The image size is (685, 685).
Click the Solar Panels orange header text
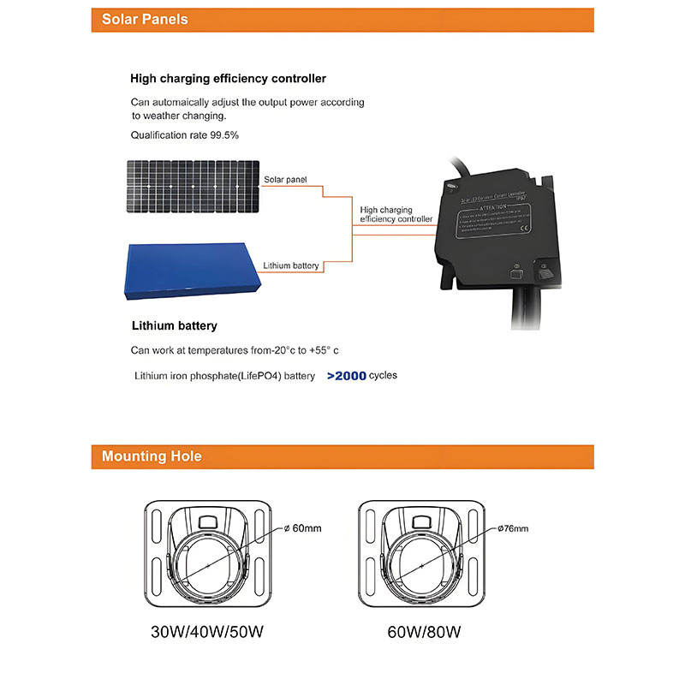pos(145,19)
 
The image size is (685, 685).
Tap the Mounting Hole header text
pos(152,456)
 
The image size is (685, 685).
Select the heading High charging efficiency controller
pos(228,79)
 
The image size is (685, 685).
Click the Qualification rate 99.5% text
pos(184,135)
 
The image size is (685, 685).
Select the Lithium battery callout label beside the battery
pos(291,265)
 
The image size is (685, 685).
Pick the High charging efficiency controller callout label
pos(396,214)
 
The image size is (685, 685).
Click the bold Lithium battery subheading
pos(174,326)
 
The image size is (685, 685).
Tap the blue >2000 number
pos(346,376)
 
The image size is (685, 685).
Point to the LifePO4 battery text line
pos(225,376)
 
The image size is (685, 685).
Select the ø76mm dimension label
pos(513,528)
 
